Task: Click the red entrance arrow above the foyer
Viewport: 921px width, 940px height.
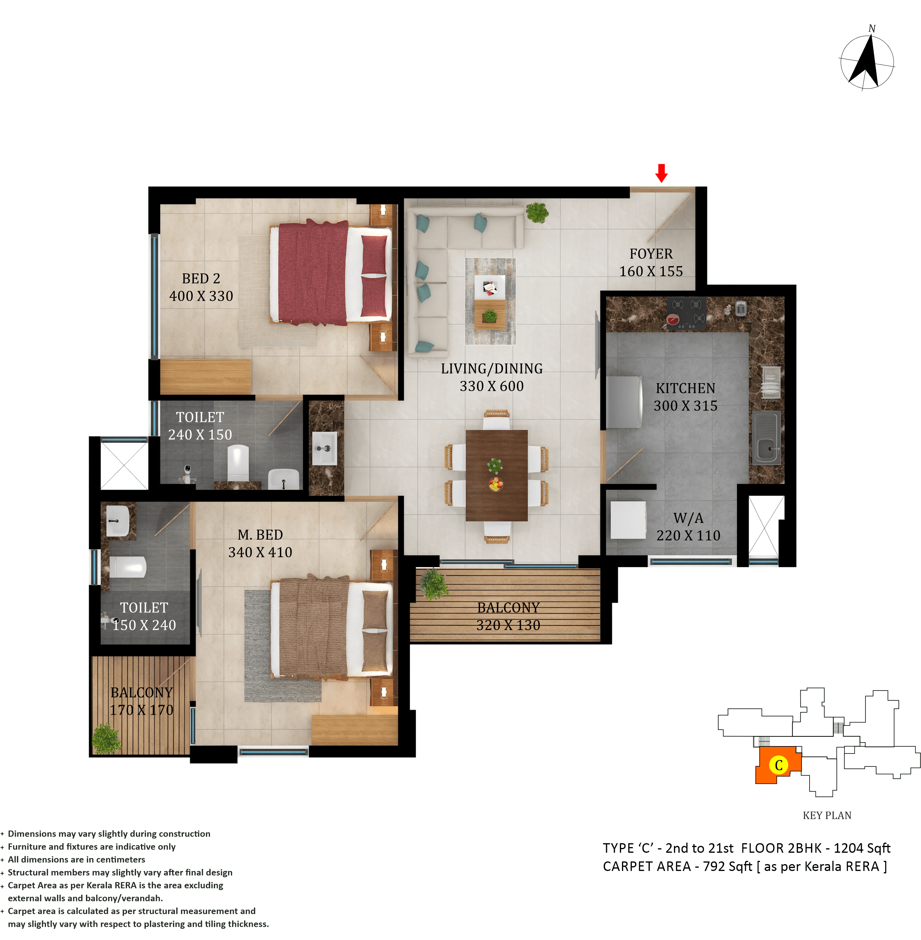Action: tap(661, 173)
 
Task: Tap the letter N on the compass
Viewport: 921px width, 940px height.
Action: tap(872, 29)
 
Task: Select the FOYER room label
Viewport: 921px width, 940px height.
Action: tap(651, 254)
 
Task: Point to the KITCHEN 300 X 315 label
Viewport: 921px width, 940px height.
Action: tap(685, 397)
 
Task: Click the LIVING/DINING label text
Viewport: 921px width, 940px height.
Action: tap(491, 369)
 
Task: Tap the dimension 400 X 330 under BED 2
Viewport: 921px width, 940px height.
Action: tap(201, 296)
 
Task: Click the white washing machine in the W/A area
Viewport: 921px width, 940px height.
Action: tap(628, 520)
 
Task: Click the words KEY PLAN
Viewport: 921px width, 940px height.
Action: tap(827, 816)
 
